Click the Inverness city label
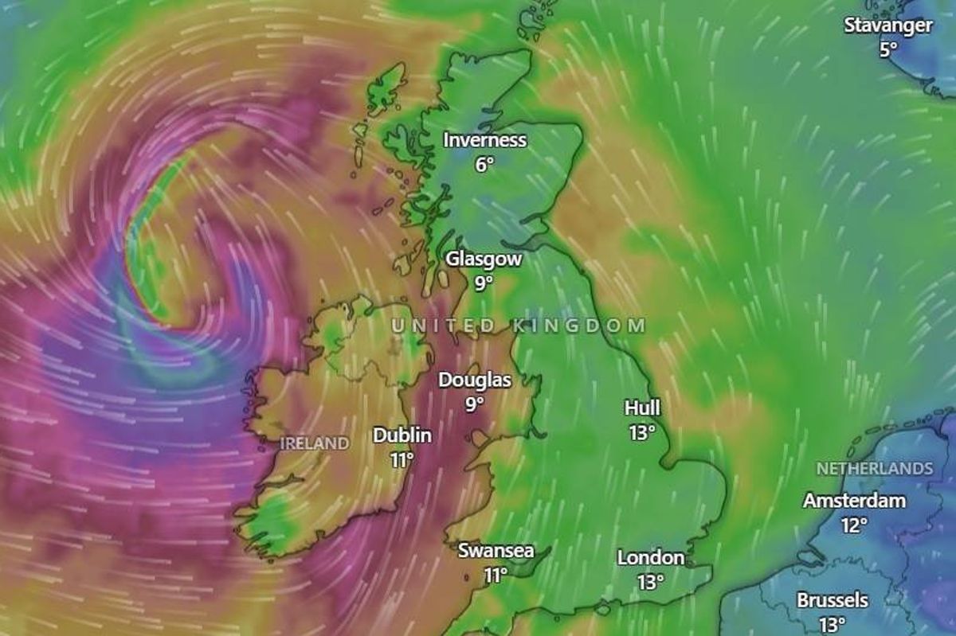(484, 141)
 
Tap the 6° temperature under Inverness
(484, 165)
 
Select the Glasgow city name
(484, 259)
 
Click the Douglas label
(475, 380)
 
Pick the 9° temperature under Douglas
(475, 404)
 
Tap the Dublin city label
(402, 435)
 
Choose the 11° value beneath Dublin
(402, 459)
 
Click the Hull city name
(642, 408)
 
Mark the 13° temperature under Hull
(642, 432)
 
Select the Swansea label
(496, 551)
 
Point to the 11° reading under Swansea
(496, 575)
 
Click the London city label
(651, 558)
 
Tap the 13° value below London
(651, 582)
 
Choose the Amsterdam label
(854, 501)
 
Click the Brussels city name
(832, 601)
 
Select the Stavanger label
(888, 25)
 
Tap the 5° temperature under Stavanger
(888, 49)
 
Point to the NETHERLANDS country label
(874, 469)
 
